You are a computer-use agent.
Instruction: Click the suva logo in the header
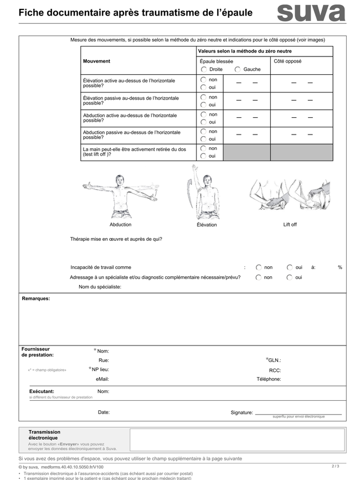point(311,13)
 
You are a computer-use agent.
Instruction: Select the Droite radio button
point(204,69)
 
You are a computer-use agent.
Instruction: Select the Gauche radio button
point(238,69)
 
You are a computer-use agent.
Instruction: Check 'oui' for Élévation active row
point(204,87)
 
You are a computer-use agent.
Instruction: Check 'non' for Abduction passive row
point(204,131)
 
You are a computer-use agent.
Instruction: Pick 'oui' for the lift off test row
point(204,156)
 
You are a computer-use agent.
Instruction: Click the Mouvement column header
point(96,61)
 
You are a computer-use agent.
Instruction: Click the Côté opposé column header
point(287,61)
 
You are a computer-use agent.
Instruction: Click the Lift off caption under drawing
point(290,225)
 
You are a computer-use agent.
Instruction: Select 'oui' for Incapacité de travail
point(290,267)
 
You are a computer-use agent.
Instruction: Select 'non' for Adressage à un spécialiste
point(259,277)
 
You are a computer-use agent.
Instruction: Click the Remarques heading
point(36,299)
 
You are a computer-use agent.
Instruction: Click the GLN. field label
point(274,360)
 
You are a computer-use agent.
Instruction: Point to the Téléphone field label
point(269,379)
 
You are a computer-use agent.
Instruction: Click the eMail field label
point(102,379)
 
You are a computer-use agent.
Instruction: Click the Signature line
point(298,413)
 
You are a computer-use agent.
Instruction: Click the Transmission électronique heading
point(44,435)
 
